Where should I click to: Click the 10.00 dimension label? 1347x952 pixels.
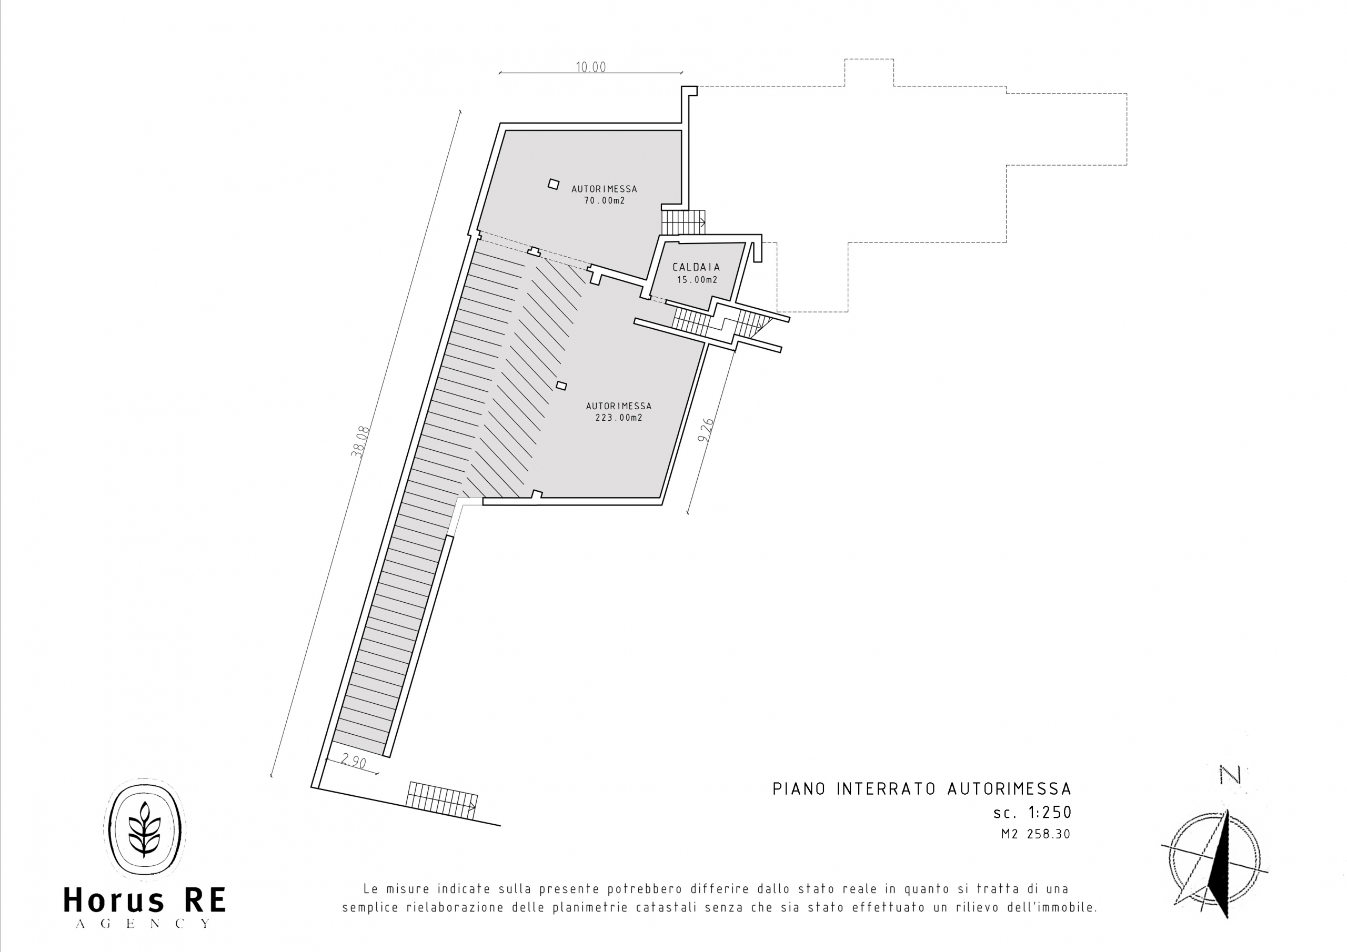(590, 67)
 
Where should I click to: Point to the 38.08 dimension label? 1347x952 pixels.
(360, 441)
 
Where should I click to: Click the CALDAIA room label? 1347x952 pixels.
(696, 267)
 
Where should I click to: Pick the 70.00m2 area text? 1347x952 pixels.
(604, 200)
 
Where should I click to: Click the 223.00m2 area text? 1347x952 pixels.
(619, 418)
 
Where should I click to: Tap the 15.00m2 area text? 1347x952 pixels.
(697, 280)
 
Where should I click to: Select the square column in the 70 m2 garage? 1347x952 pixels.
(553, 184)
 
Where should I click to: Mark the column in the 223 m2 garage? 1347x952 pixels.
(561, 386)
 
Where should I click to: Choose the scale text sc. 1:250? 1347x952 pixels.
(1032, 813)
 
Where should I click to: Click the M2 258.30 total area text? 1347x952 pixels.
(1036, 834)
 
